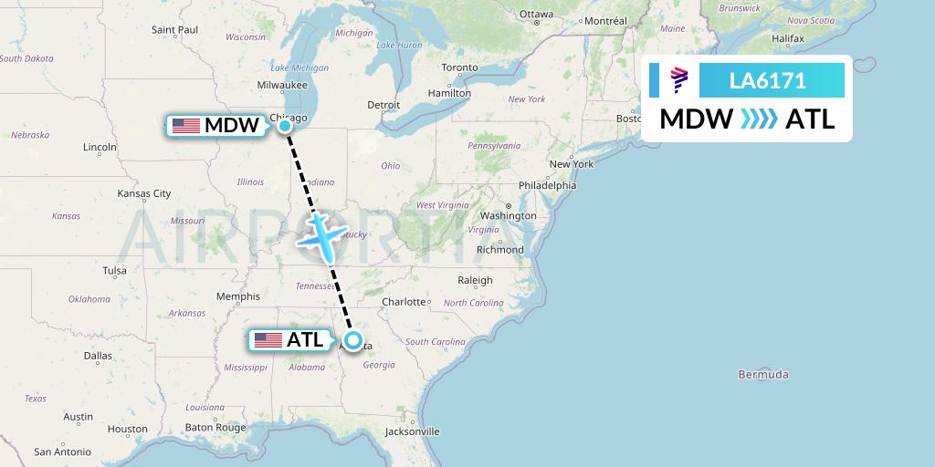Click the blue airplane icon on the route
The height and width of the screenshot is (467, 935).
pyautogui.click(x=320, y=236)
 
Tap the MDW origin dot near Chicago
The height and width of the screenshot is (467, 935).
pyautogui.click(x=285, y=126)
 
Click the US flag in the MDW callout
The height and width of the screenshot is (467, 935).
pyautogui.click(x=185, y=126)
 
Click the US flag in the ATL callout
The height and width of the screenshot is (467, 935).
pyautogui.click(x=268, y=340)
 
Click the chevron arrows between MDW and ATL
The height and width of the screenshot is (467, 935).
pyautogui.click(x=759, y=119)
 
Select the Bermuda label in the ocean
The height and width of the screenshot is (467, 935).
pyautogui.click(x=763, y=374)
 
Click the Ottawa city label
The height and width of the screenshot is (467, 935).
pyautogui.click(x=536, y=15)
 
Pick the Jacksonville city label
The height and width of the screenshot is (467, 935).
pyautogui.click(x=412, y=431)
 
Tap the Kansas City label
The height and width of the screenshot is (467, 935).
pyautogui.click(x=144, y=193)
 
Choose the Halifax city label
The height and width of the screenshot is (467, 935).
pyautogui.click(x=787, y=39)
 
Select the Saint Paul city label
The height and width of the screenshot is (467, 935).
pyautogui.click(x=174, y=30)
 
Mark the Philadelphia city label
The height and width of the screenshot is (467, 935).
pyautogui.click(x=547, y=185)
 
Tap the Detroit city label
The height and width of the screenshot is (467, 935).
pyautogui.click(x=383, y=105)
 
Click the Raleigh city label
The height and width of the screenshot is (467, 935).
pyautogui.click(x=475, y=280)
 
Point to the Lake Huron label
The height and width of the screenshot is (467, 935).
pyautogui.click(x=398, y=45)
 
